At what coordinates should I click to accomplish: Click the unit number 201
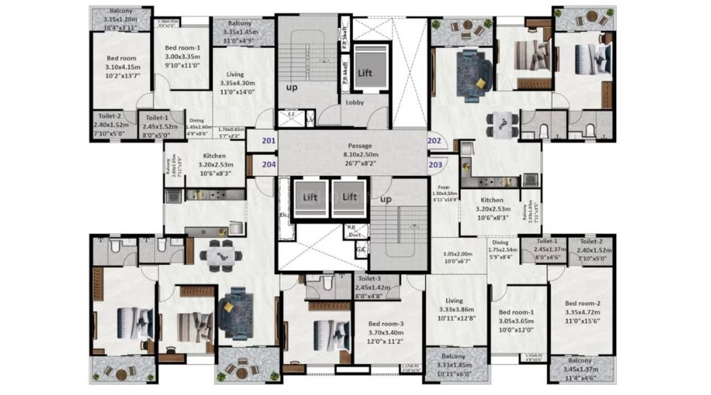point(268,141)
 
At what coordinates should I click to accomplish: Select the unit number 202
point(434,141)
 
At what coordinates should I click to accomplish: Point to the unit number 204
point(268,163)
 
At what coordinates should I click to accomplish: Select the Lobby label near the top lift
point(355,102)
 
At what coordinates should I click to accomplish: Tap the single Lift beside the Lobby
point(364,73)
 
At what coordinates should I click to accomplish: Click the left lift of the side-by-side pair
point(308,197)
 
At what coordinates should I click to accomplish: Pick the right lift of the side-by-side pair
point(349,197)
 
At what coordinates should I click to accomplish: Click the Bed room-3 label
point(387,323)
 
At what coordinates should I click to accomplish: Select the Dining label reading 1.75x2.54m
point(500,242)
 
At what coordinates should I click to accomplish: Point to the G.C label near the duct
point(361,248)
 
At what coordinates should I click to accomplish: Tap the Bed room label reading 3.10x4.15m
point(120,58)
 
